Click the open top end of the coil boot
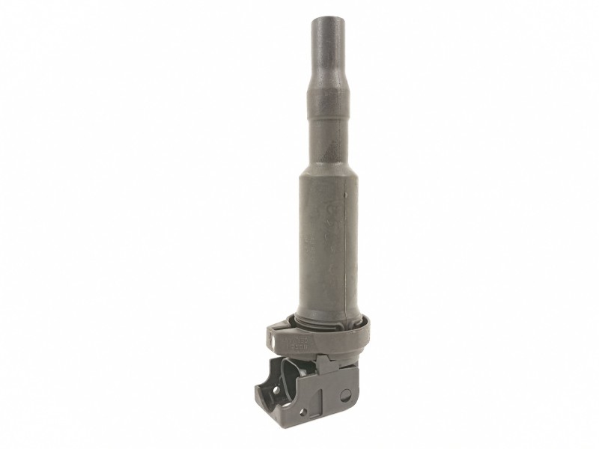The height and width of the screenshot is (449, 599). tap(327, 16)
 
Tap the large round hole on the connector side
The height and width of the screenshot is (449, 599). tap(345, 392)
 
